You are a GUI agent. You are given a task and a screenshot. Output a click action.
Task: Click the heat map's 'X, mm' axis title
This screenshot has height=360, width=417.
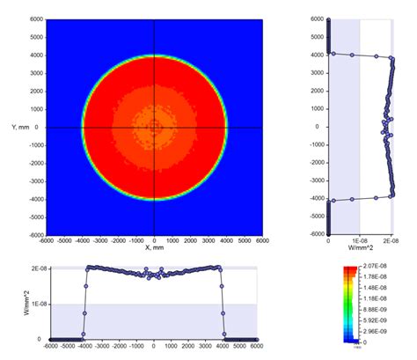155,249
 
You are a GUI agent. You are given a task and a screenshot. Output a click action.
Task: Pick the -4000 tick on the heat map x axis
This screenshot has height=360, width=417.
82,240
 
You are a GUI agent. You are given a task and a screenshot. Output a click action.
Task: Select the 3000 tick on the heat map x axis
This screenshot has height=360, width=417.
210,240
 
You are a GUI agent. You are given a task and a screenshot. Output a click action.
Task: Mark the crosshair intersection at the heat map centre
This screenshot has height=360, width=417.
155,127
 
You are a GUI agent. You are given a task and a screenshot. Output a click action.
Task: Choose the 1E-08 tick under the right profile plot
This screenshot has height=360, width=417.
359,241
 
